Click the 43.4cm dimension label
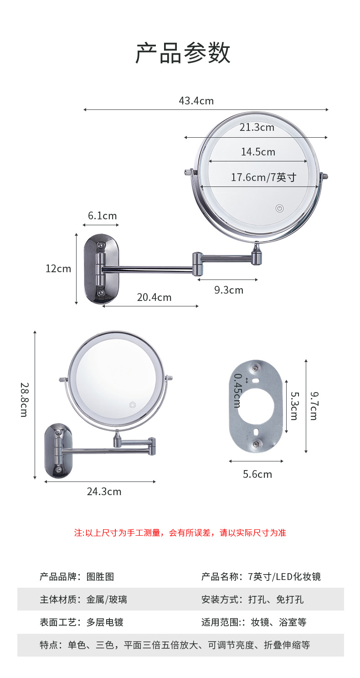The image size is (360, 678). [x=196, y=101]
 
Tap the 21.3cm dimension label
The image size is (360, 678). [x=257, y=128]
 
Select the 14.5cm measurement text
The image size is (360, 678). [x=258, y=152]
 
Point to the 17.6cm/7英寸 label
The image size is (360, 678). [x=263, y=177]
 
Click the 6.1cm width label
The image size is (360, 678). [x=102, y=216]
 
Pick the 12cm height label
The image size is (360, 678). [x=58, y=269]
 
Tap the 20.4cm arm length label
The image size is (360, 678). [x=154, y=297]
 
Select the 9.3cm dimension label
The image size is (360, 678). [x=229, y=290]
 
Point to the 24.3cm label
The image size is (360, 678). [x=104, y=492]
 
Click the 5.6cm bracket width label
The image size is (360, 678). [x=257, y=474]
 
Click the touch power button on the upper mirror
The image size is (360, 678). [x=279, y=209]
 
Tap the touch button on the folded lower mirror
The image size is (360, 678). [x=133, y=404]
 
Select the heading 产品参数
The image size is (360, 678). [x=183, y=53]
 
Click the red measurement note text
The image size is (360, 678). [x=180, y=533]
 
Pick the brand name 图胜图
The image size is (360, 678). [x=100, y=577]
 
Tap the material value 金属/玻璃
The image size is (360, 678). [x=107, y=600]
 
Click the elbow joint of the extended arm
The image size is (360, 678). [x=198, y=264]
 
